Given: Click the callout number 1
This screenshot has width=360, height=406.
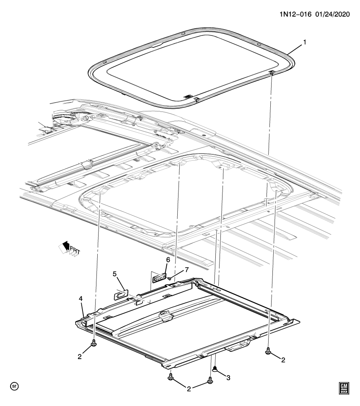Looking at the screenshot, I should [303, 43].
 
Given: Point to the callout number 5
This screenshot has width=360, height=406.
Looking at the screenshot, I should [114, 274].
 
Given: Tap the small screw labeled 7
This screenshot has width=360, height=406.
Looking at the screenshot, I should [169, 279].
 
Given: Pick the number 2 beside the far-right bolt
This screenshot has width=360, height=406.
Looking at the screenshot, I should [283, 360].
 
